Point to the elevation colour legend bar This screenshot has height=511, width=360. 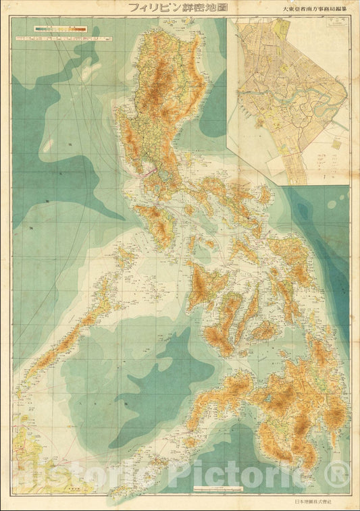pos(60,29)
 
